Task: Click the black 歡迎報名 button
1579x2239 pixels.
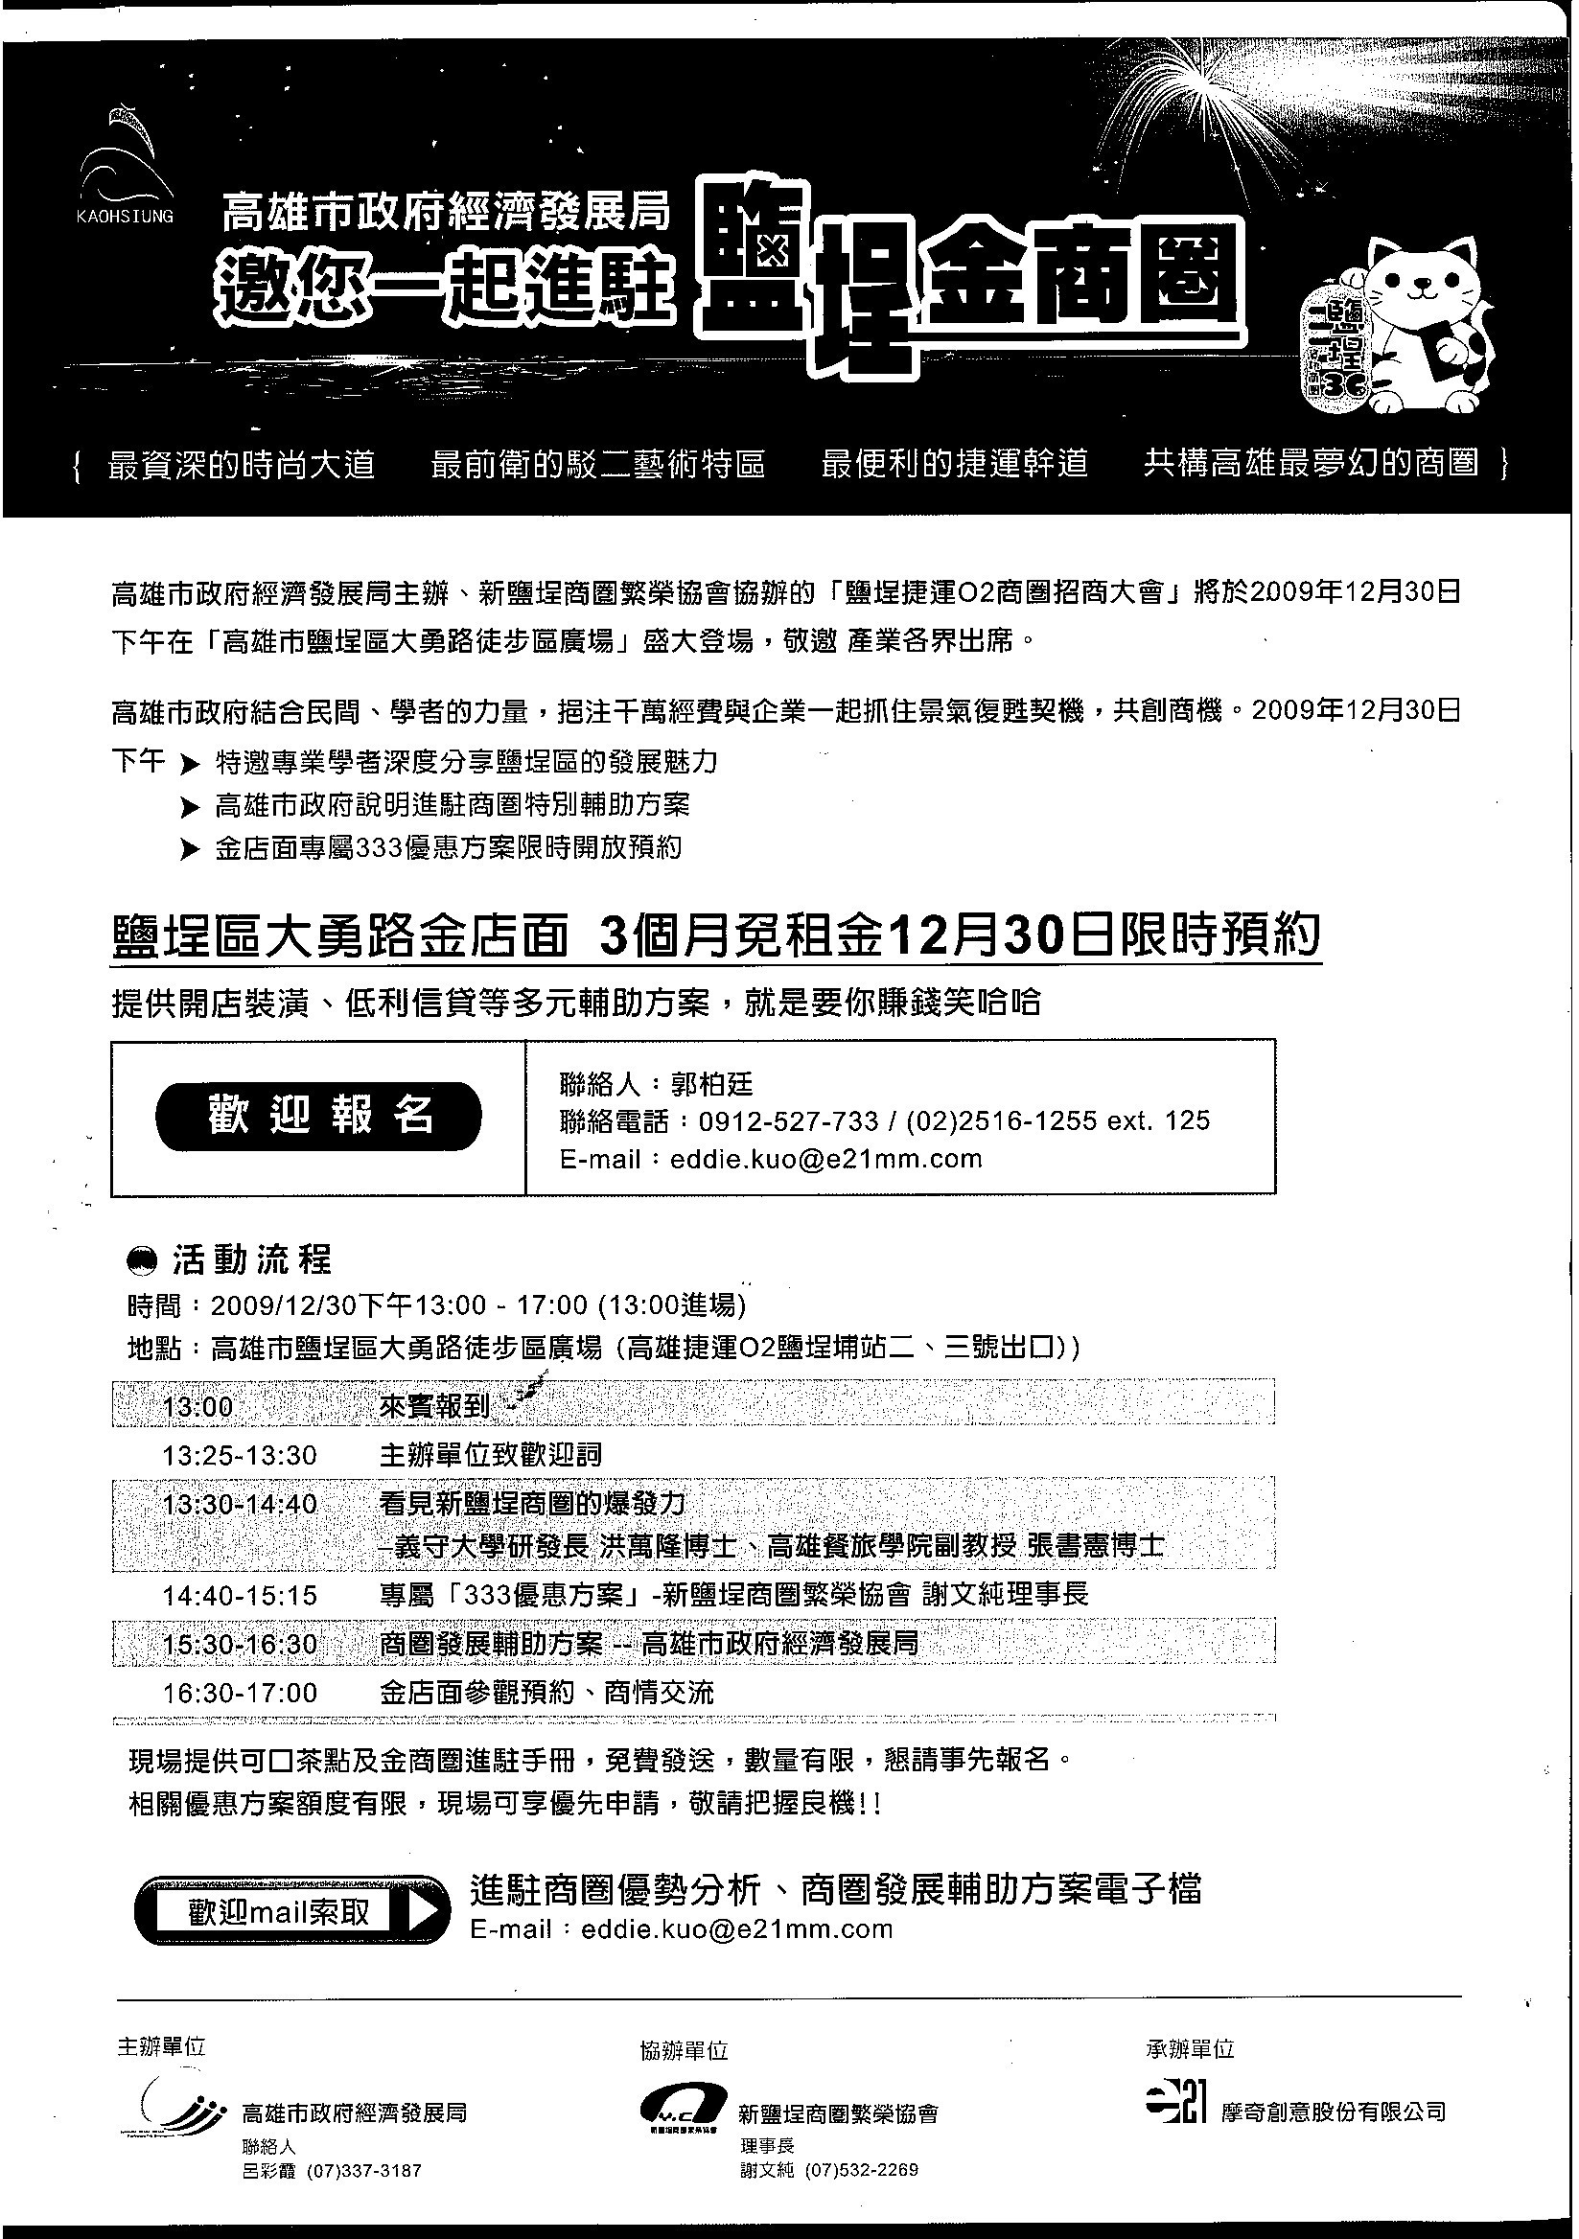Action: pos(318,1116)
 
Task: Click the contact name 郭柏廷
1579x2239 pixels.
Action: pos(711,1084)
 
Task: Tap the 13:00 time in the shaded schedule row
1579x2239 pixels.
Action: pos(198,1406)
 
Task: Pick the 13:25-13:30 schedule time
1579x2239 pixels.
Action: pos(239,1455)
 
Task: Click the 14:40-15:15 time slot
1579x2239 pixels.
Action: pos(239,1596)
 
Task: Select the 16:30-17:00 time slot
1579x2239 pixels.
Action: pos(239,1692)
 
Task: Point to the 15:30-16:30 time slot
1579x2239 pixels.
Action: pos(239,1644)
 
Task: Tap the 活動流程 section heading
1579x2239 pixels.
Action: pos(251,1260)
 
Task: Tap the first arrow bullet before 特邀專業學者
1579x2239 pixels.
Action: pos(190,765)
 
